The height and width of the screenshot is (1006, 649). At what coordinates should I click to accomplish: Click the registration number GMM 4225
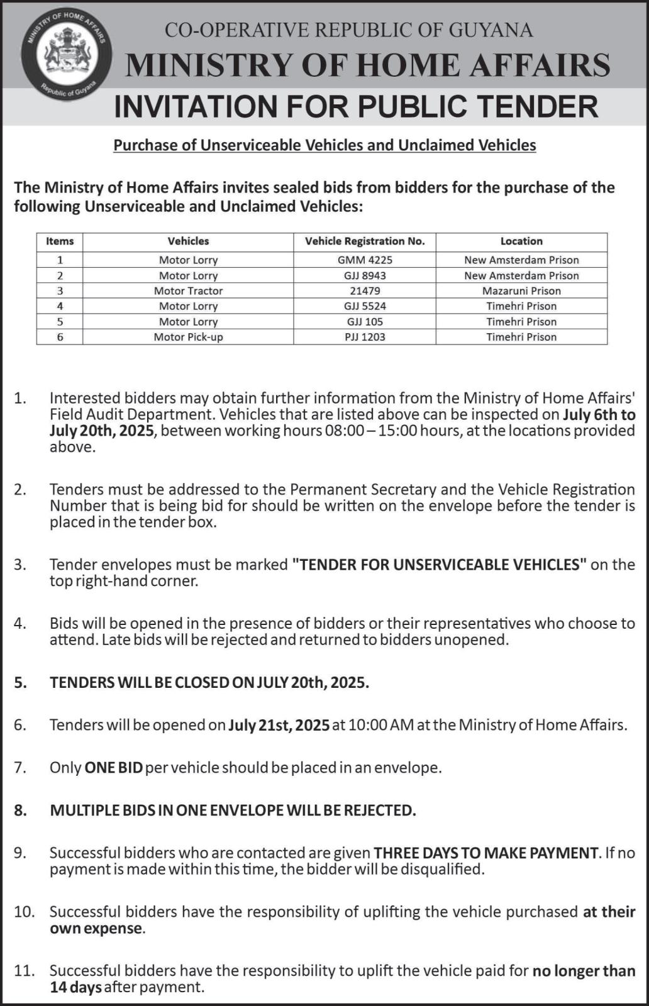(365, 260)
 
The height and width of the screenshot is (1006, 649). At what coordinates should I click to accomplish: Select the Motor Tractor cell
(188, 290)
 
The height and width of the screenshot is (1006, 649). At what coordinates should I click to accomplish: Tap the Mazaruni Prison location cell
(521, 290)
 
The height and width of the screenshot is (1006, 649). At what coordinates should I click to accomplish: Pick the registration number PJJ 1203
(365, 337)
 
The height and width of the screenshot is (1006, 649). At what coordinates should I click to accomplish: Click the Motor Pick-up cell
(188, 337)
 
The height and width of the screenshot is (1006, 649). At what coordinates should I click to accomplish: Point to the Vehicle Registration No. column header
(365, 241)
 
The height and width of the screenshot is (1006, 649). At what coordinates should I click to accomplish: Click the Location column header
(521, 241)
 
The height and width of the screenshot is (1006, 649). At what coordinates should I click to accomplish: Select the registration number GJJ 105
(365, 321)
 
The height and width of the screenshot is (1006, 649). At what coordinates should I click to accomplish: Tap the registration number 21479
(365, 290)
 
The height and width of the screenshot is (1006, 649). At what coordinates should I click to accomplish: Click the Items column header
(60, 241)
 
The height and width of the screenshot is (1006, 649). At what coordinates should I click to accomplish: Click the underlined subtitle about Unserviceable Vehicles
(324, 145)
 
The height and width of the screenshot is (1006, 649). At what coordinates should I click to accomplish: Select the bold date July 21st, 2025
(279, 725)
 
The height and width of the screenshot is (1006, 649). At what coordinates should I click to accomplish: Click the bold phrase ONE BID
(113, 768)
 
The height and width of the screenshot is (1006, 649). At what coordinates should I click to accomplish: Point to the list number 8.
(21, 810)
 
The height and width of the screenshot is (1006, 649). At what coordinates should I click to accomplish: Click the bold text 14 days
(75, 987)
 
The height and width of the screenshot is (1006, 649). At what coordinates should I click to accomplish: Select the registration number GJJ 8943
(365, 275)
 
